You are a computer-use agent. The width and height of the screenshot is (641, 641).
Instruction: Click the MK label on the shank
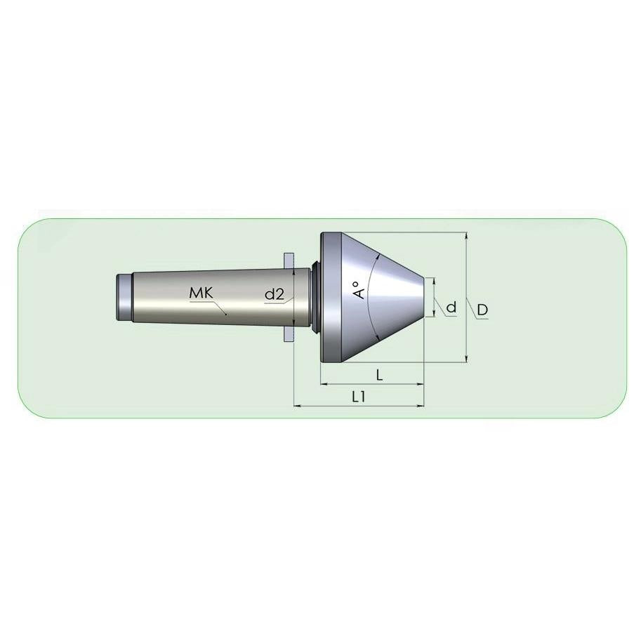(201, 293)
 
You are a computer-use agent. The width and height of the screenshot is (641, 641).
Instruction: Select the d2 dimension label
(275, 294)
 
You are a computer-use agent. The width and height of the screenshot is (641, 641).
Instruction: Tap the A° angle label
(359, 290)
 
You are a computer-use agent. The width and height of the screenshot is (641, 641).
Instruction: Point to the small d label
(451, 307)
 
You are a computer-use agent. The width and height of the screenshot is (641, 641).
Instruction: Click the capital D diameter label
(482, 310)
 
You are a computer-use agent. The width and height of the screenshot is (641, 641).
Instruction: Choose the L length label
(379, 374)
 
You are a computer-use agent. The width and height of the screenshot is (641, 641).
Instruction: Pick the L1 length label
(359, 396)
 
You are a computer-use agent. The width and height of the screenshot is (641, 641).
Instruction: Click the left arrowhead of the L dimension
(324, 384)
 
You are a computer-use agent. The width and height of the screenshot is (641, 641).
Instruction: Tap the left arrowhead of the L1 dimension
(298, 406)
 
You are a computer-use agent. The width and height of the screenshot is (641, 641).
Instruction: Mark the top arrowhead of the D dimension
(466, 236)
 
